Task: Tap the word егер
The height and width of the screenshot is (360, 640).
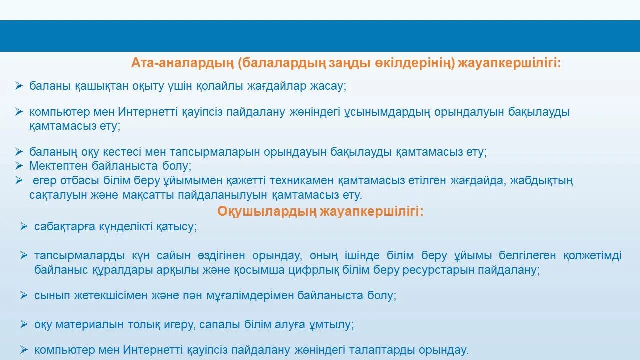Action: (x=45, y=181)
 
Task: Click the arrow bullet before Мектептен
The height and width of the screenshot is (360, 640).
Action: (x=19, y=166)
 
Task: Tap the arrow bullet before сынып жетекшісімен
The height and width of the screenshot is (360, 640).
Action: (x=24, y=295)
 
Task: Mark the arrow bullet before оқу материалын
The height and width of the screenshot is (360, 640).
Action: (x=24, y=325)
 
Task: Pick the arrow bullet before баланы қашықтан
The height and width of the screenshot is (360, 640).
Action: (x=19, y=86)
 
